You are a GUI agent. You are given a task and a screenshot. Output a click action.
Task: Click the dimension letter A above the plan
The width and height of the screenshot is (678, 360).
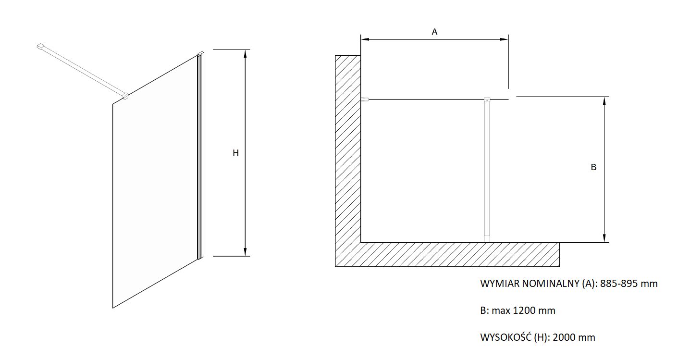click(434, 32)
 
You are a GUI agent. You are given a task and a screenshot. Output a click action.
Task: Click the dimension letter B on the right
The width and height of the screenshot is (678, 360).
click(593, 167)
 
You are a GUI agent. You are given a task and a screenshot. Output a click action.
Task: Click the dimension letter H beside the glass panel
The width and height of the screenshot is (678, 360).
click(236, 153)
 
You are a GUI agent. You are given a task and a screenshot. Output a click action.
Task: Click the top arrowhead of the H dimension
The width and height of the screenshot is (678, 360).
click(245, 53)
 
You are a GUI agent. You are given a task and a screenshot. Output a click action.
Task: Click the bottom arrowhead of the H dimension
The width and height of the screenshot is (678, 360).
click(245, 252)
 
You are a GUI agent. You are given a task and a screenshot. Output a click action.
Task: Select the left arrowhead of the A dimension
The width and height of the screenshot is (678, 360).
click(365, 39)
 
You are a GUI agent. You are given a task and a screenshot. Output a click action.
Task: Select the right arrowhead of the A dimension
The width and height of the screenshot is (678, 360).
click(504, 39)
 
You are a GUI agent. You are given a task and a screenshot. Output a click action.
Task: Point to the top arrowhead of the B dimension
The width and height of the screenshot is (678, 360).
click(604, 101)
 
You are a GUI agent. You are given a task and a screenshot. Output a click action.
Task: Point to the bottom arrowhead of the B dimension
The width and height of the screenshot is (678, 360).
click(604, 238)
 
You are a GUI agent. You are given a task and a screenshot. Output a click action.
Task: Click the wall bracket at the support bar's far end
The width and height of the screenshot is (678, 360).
click(41, 46)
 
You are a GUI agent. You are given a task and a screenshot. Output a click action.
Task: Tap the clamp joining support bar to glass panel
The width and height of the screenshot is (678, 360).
click(125, 96)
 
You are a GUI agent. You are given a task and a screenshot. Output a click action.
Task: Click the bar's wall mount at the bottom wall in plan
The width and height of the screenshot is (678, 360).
click(487, 239)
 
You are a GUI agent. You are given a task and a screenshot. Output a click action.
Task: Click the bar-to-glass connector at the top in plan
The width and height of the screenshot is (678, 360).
click(487, 99)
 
